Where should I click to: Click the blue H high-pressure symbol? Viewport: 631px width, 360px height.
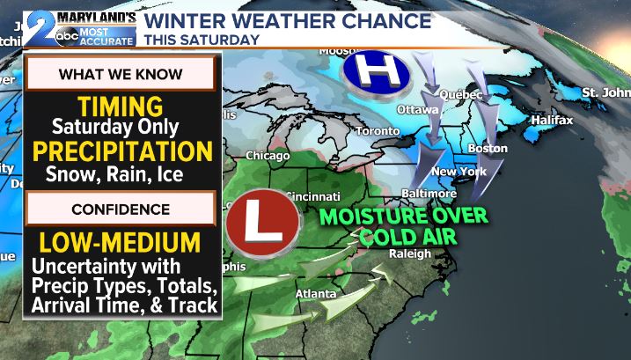tap(371, 70)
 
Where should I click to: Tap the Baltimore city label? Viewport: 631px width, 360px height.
tap(428, 193)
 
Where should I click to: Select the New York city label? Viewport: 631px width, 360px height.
tap(459, 172)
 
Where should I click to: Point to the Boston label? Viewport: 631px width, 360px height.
tap(488, 148)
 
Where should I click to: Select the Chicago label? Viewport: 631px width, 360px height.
tap(268, 156)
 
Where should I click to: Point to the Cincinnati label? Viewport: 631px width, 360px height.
tap(312, 195)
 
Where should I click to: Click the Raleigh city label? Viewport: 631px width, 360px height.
tap(411, 253)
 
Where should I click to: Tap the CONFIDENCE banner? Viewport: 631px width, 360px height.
tap(121, 209)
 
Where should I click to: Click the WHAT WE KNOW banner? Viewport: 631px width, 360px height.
tap(121, 74)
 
